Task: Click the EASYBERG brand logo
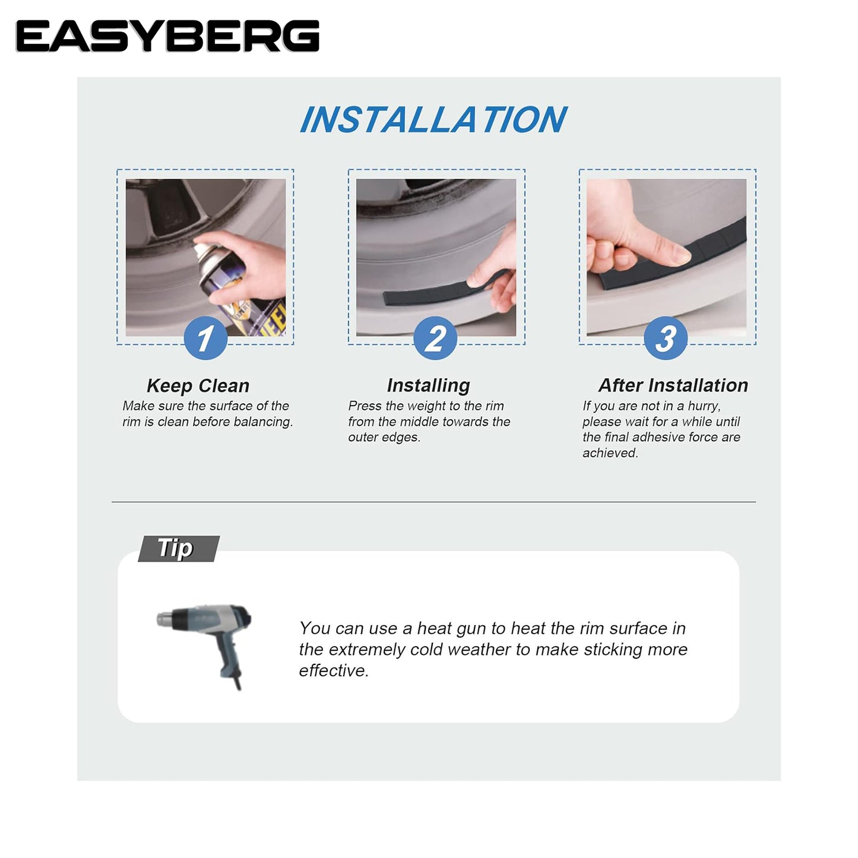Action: pos(167,36)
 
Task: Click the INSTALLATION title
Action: pos(433,119)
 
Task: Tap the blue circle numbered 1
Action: pos(205,338)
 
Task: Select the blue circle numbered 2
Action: pos(435,338)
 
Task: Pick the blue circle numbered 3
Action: pos(665,338)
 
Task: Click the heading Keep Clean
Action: pos(198,385)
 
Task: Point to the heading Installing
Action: pos(428,385)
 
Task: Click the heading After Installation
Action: pos(673,385)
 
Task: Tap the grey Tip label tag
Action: pos(178,549)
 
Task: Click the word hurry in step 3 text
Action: pos(704,406)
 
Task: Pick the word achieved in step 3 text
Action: pos(610,453)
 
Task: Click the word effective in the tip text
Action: pos(334,670)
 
